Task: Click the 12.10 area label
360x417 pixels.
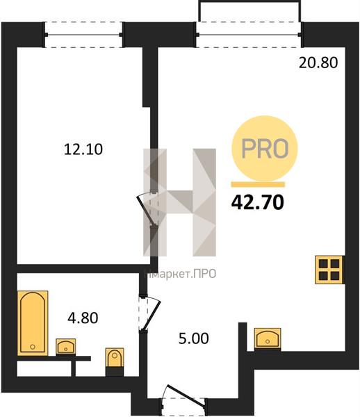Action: (x=83, y=149)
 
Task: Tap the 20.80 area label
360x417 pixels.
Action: (x=318, y=63)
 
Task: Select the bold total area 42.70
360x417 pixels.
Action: (x=258, y=202)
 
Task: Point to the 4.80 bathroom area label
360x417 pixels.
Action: (x=83, y=318)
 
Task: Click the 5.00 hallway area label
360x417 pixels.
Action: (x=194, y=339)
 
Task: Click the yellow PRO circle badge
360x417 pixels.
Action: (x=265, y=149)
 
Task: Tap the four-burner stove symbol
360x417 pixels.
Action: (x=329, y=270)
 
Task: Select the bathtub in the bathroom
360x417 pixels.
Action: (x=33, y=323)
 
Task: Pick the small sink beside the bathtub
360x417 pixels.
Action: (x=65, y=346)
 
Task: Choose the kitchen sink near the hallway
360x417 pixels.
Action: (x=268, y=338)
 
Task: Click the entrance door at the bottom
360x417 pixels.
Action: (x=183, y=400)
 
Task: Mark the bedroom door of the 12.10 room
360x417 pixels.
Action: (x=148, y=208)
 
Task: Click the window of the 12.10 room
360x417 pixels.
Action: (x=83, y=35)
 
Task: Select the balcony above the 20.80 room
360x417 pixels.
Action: (x=250, y=11)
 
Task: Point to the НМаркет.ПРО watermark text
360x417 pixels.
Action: (x=180, y=274)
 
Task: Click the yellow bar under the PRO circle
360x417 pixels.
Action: (x=258, y=185)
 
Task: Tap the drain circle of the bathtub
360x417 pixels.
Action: (x=33, y=347)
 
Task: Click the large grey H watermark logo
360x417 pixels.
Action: (x=180, y=202)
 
